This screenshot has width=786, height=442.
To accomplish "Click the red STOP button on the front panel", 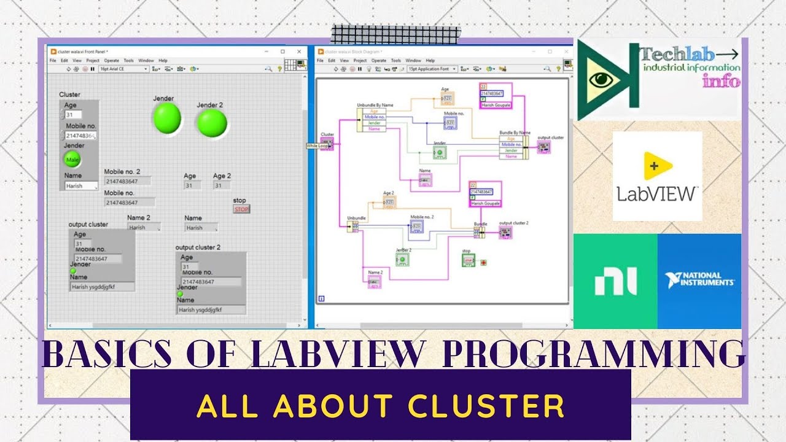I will point(241,209).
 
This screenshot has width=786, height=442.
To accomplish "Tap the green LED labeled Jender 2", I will point(212,123).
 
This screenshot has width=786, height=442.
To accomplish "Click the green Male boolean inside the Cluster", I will point(72,160).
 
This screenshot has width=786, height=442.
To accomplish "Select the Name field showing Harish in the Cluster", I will point(80,186).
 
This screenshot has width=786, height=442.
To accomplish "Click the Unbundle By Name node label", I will point(375,105).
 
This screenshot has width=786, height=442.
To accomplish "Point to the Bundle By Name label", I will point(515,132).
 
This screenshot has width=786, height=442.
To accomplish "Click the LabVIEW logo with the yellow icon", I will point(657,176).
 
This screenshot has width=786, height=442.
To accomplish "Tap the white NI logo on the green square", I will point(615,282).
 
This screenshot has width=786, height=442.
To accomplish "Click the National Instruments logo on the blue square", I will point(699,281).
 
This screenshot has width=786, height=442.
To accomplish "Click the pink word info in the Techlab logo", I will point(722,80).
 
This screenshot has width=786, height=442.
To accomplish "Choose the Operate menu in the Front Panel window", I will point(111,61).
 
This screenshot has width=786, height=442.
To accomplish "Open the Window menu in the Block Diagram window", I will point(413,61).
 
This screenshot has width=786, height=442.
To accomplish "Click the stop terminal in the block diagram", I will point(469,261).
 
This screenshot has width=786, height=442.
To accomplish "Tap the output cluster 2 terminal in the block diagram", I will point(505,233).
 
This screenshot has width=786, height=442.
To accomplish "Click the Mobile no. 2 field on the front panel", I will point(129,182).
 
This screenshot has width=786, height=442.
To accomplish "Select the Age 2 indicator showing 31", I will point(221,185).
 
